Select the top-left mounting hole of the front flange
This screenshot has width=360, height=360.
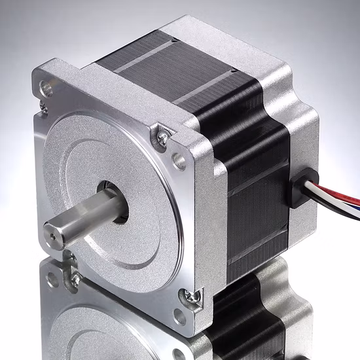[46, 86]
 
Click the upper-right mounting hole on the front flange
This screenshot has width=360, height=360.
[179, 158]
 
